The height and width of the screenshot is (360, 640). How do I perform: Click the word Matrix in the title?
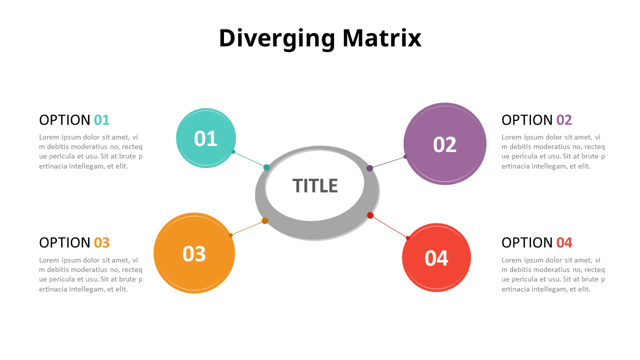pos(382,38)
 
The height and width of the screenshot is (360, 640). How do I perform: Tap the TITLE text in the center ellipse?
pos(315,185)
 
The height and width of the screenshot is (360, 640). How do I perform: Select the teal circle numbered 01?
pos(205,138)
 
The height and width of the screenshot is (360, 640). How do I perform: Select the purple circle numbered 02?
pos(444,144)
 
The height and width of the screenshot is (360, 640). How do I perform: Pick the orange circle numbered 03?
pos(194,253)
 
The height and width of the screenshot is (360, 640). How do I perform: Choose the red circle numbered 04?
pos(436,258)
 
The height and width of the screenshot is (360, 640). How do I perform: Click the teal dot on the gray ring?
pos(266,167)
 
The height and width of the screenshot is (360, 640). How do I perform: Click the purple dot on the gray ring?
pos(370,168)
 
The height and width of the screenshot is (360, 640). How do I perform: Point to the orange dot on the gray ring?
pos(265,221)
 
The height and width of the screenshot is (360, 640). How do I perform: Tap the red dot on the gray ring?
pos(370,215)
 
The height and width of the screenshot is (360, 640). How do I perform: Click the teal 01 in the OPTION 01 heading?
pos(101,120)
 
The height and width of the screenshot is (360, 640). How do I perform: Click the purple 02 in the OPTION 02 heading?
pos(564,120)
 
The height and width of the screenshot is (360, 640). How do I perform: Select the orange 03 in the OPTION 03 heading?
pos(101,242)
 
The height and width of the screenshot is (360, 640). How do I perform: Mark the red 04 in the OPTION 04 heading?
pos(564,242)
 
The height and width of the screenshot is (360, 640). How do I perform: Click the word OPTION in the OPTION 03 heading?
pos(64,242)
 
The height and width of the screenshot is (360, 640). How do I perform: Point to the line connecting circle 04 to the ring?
pos(389,226)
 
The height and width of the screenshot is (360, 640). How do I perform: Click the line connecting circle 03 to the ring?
pos(247,228)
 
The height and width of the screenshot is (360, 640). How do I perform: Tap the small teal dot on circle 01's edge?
pos(233,151)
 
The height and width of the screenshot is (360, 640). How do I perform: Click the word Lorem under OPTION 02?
pos(511,137)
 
